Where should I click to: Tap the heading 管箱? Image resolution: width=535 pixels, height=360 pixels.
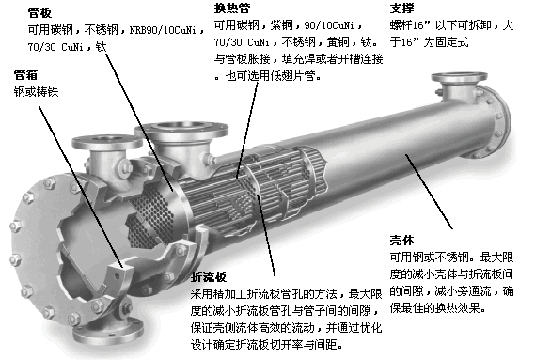[x=25, y=73]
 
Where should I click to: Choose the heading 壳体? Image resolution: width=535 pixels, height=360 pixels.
[x=401, y=239]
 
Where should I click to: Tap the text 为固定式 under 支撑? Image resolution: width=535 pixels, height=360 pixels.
[x=439, y=43]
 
